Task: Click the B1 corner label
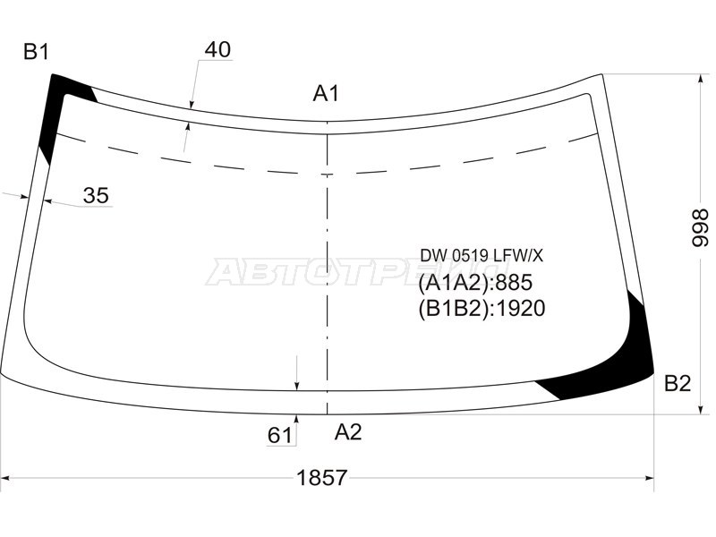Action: tap(36, 52)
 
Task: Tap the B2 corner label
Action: tap(678, 384)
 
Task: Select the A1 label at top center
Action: tap(326, 94)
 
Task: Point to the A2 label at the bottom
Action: tap(348, 431)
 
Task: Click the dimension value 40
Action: tap(217, 49)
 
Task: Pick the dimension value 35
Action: tap(96, 195)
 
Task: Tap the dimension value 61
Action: tap(279, 435)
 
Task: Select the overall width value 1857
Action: tap(322, 478)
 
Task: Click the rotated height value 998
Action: tap(699, 228)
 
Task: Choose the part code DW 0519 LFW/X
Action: tap(482, 256)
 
